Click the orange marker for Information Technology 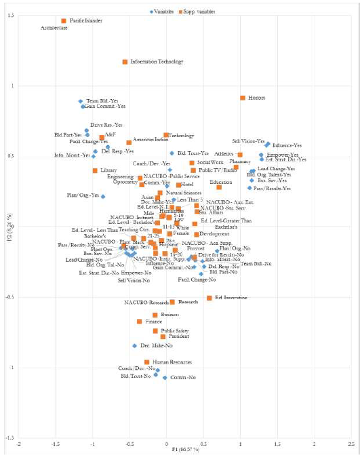125,62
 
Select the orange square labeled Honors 242,98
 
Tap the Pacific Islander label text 85,21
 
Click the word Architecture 54,28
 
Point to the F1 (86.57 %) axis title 184,450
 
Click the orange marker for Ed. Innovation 209,298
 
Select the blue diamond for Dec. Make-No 135,346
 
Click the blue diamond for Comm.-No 165,378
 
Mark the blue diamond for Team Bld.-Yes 81,101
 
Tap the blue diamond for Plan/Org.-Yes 103,196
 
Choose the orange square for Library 95,170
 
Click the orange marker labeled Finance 140,322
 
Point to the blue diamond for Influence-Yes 268,145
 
